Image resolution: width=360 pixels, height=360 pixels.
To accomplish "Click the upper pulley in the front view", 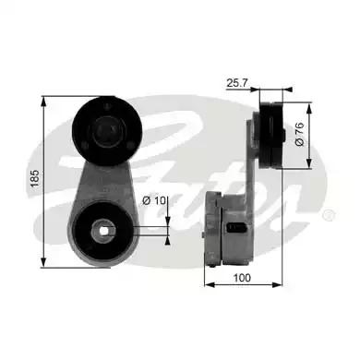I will pos(105,130).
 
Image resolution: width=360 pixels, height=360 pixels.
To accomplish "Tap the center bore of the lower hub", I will pos(105,231).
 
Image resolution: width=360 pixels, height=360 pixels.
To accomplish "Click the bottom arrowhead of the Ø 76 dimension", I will pos(307,170).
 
